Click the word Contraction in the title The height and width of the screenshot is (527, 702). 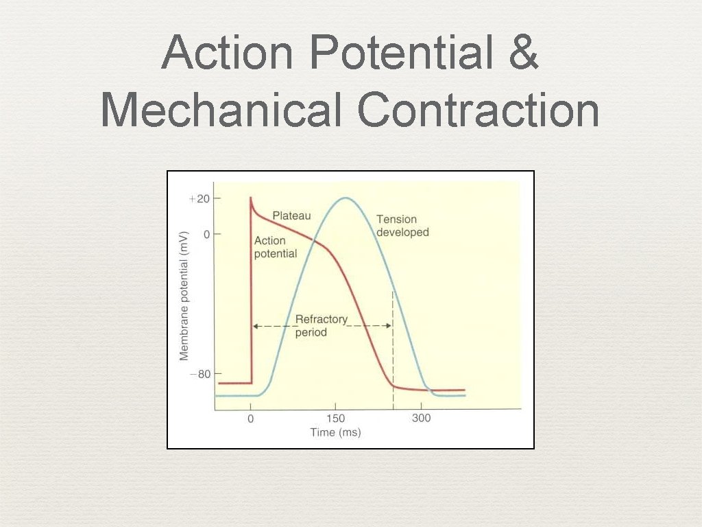point(478,110)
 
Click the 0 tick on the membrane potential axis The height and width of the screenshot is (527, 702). point(207,234)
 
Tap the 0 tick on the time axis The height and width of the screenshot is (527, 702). point(251,418)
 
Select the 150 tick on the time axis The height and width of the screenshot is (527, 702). point(335,418)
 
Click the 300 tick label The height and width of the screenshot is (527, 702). point(421,418)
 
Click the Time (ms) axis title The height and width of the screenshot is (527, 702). point(335,432)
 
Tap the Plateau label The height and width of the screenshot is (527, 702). point(291,215)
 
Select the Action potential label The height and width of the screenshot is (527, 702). point(275,247)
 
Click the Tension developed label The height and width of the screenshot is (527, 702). point(402,226)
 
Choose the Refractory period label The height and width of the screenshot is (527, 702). point(321,326)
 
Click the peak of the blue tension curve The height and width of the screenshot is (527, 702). point(345,198)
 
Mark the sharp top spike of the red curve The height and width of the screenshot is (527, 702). point(252,198)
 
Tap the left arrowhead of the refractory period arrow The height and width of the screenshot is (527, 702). point(255,326)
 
